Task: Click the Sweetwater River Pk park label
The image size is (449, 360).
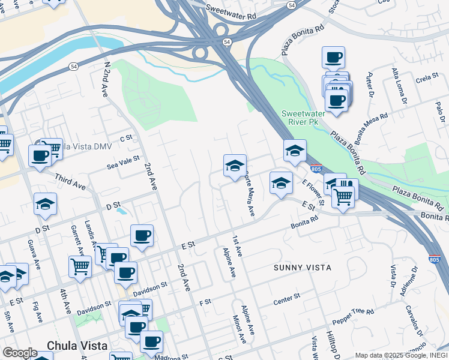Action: point(304,118)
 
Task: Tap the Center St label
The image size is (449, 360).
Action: point(286,297)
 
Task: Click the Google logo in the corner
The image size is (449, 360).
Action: point(19,353)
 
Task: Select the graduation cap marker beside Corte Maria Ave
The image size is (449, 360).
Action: point(235,166)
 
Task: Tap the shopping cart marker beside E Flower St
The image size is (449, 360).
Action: point(343,195)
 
